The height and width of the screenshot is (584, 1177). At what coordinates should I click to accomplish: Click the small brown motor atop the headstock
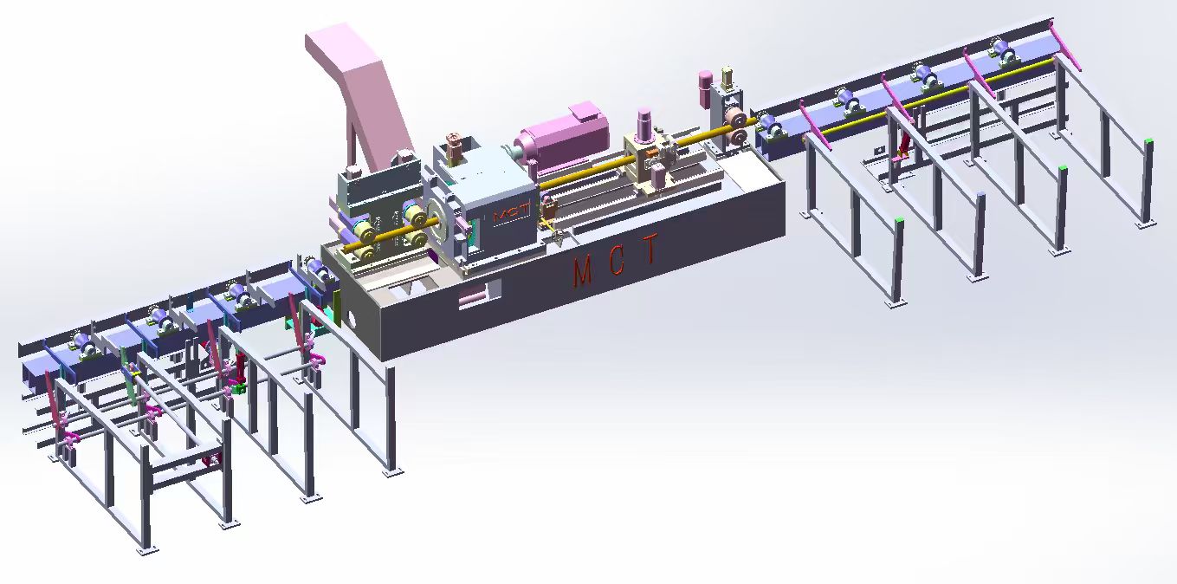[453, 146]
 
